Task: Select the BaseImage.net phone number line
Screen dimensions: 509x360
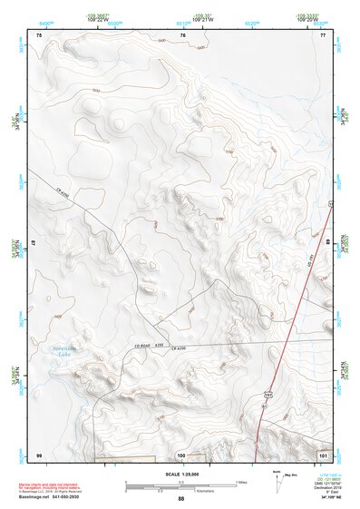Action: (x=50, y=500)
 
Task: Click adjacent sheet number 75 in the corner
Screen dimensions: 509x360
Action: (x=39, y=34)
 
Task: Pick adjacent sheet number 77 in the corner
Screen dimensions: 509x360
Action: (x=323, y=34)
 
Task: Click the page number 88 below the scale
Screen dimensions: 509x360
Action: (x=181, y=499)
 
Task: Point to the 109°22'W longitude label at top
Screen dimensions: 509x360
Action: (x=99, y=17)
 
